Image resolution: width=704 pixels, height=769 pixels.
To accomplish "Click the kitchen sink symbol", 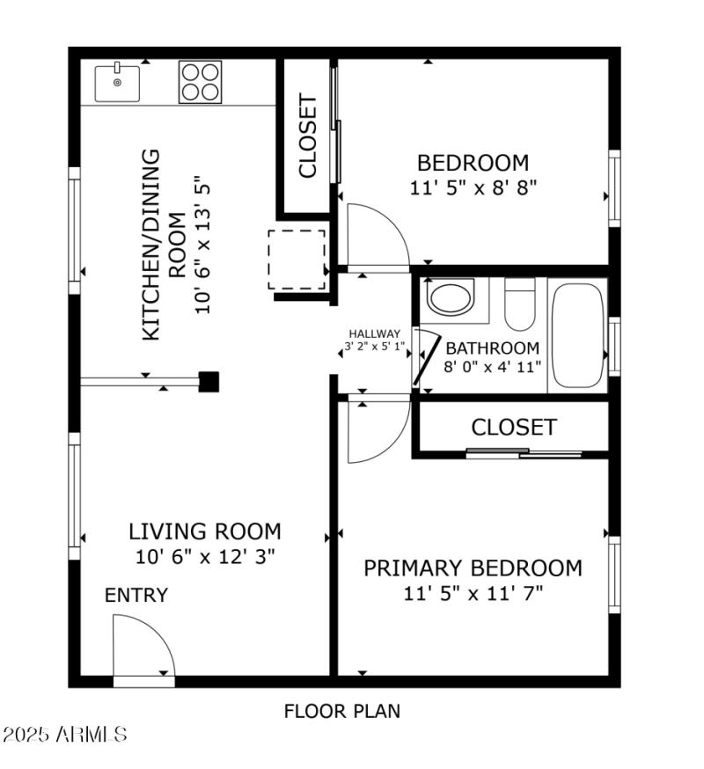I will (x=117, y=84).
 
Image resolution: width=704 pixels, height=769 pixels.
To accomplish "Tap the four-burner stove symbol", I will (x=200, y=82).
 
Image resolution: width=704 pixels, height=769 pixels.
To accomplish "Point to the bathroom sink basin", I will (x=451, y=297).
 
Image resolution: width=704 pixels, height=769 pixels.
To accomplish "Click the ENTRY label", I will (x=136, y=596).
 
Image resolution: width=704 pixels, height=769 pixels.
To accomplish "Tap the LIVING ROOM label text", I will (x=205, y=531).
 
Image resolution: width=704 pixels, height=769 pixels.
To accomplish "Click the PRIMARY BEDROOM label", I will (x=473, y=568).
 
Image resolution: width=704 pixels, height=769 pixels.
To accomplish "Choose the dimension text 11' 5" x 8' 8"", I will (x=473, y=187).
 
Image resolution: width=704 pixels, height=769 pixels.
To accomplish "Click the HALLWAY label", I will (x=375, y=333).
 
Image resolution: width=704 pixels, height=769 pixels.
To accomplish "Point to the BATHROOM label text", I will (x=492, y=348).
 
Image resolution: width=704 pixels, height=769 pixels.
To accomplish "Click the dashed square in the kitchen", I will (x=297, y=260).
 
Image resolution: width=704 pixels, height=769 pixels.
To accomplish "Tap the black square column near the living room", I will (x=209, y=381).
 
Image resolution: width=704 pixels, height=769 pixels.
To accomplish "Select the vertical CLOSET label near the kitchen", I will (x=307, y=136).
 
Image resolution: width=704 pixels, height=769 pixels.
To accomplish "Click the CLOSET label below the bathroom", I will (x=514, y=428).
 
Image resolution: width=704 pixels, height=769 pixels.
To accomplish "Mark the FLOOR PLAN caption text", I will (x=341, y=711).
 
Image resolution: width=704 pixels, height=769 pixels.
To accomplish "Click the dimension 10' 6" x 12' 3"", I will (x=205, y=556).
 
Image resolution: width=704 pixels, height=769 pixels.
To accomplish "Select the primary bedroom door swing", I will (x=377, y=431).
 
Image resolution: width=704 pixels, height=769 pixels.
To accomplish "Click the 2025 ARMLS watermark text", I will (x=65, y=734).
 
